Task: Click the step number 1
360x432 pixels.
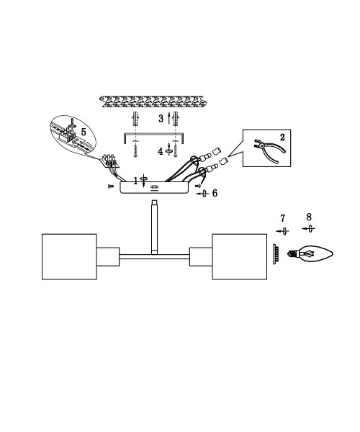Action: (x=135, y=181)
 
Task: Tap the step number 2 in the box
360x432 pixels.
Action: (x=282, y=138)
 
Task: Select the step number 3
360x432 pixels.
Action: (x=161, y=119)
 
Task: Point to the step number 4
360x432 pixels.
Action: (x=161, y=151)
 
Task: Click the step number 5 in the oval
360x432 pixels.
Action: (x=84, y=132)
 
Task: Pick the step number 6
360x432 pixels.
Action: (x=215, y=193)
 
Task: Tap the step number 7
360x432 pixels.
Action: (x=283, y=218)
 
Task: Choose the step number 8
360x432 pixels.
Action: (x=309, y=217)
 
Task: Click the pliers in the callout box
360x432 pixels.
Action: (x=269, y=150)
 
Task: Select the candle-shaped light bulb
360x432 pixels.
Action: (x=310, y=253)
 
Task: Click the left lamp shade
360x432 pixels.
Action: (x=69, y=257)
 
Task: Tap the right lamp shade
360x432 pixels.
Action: (x=240, y=257)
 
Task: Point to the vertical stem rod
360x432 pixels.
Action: (x=155, y=228)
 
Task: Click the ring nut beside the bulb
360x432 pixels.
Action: (x=276, y=254)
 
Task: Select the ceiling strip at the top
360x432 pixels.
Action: (x=153, y=102)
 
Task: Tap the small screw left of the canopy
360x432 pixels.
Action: (x=111, y=186)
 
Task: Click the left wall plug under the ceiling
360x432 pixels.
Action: (x=135, y=119)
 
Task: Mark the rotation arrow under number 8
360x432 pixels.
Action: (x=309, y=229)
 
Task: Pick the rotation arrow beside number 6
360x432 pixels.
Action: (x=203, y=194)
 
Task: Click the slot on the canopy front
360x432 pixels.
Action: (x=154, y=187)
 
